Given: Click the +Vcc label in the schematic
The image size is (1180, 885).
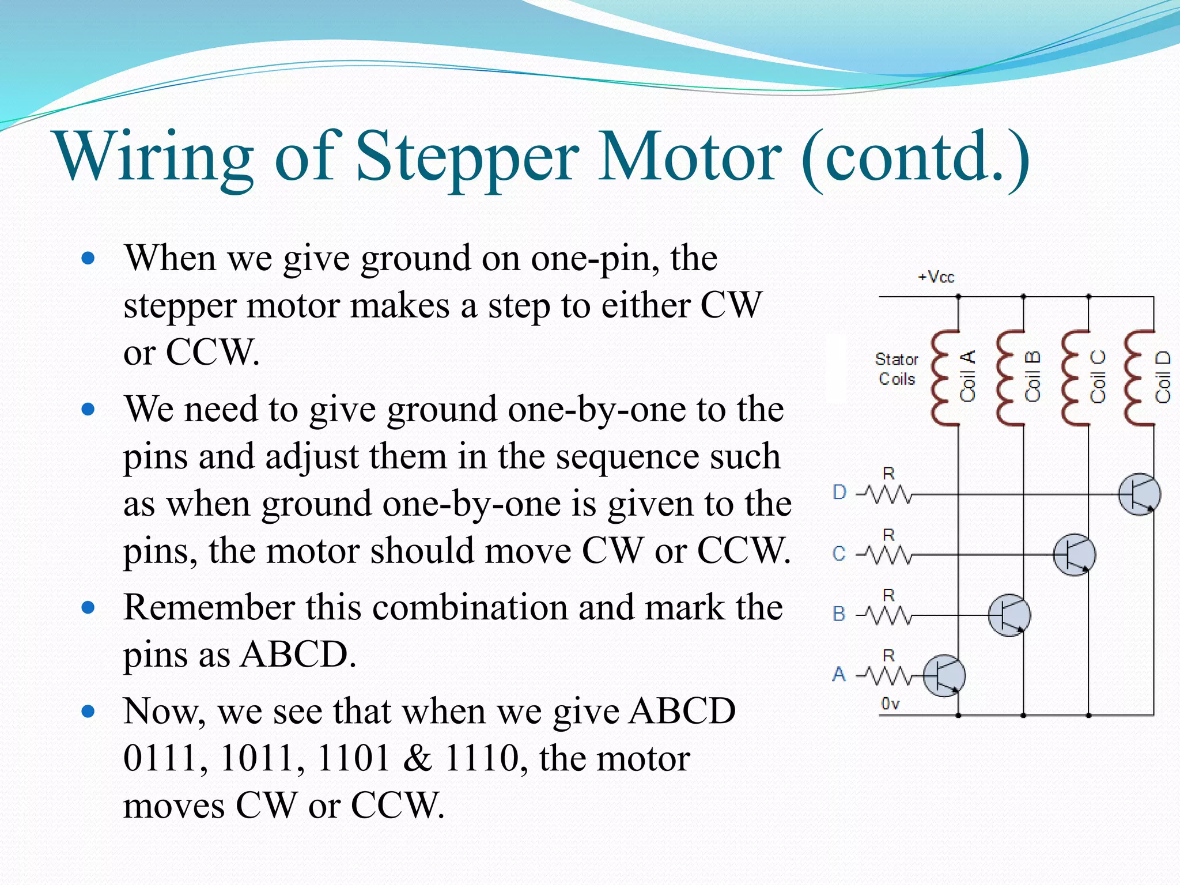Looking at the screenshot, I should [936, 277].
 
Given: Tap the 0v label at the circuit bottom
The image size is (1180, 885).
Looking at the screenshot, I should [890, 704].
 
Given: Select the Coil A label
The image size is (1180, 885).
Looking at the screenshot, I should [968, 376].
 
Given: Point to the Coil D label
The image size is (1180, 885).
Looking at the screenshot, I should [1163, 377].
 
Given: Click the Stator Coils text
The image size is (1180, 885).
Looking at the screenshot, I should [897, 369].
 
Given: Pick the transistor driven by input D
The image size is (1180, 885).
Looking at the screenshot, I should [1139, 494].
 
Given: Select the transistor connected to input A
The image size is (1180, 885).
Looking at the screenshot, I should [944, 675].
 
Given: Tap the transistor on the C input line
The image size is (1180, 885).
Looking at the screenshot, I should [1074, 555].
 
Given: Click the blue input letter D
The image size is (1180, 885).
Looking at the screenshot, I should [839, 493].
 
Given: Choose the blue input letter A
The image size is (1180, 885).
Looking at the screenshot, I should [839, 674].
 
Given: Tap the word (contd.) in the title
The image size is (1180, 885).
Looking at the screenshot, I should [915, 157].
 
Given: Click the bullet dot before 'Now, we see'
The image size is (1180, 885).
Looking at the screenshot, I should [88, 712].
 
